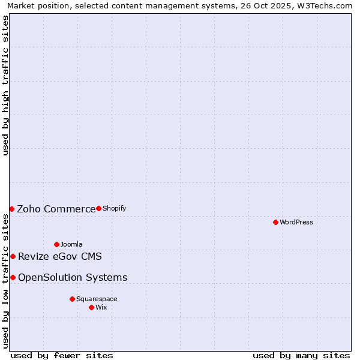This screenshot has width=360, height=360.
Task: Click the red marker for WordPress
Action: [x=275, y=222]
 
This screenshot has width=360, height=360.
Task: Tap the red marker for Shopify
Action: [x=98, y=208]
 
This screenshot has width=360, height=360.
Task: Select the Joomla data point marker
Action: [x=56, y=244]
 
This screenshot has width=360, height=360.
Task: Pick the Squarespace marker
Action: [x=72, y=299]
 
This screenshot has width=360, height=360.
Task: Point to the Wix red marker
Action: [x=91, y=307]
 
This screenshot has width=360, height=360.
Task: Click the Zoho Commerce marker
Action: [x=11, y=209]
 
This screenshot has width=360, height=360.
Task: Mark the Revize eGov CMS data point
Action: [x=13, y=256]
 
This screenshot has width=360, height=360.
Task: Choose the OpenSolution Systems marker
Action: [x=13, y=277]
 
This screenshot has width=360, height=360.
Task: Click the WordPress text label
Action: [x=296, y=222]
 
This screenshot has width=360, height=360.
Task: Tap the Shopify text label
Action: [x=114, y=208]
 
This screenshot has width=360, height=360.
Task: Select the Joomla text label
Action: [x=71, y=244]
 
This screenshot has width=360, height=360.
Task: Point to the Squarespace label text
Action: [x=97, y=299]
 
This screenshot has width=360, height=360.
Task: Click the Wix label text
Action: [x=101, y=307]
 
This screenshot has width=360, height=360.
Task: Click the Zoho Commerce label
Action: [x=56, y=209]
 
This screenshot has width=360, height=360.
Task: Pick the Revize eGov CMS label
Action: [x=60, y=257]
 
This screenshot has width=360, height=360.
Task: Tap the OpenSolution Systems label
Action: [x=73, y=277]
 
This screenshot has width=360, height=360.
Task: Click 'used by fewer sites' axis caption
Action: [x=62, y=355]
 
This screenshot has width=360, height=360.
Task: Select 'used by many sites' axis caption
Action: [x=301, y=355]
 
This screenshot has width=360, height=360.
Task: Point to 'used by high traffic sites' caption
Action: [x=5, y=86]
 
